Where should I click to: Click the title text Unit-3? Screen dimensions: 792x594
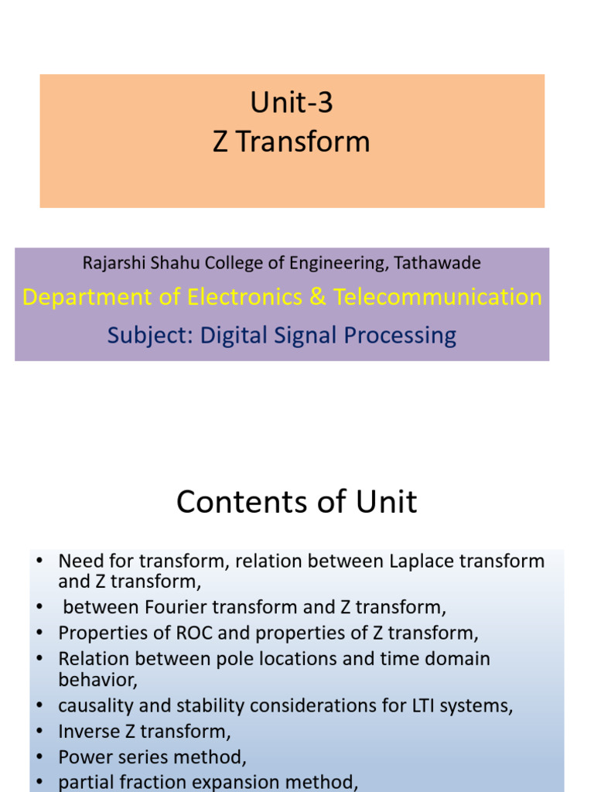[292, 102]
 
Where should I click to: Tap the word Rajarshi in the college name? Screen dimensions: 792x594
[111, 263]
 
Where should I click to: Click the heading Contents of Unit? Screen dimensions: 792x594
[296, 502]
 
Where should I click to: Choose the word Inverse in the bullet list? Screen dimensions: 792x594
[87, 731]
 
